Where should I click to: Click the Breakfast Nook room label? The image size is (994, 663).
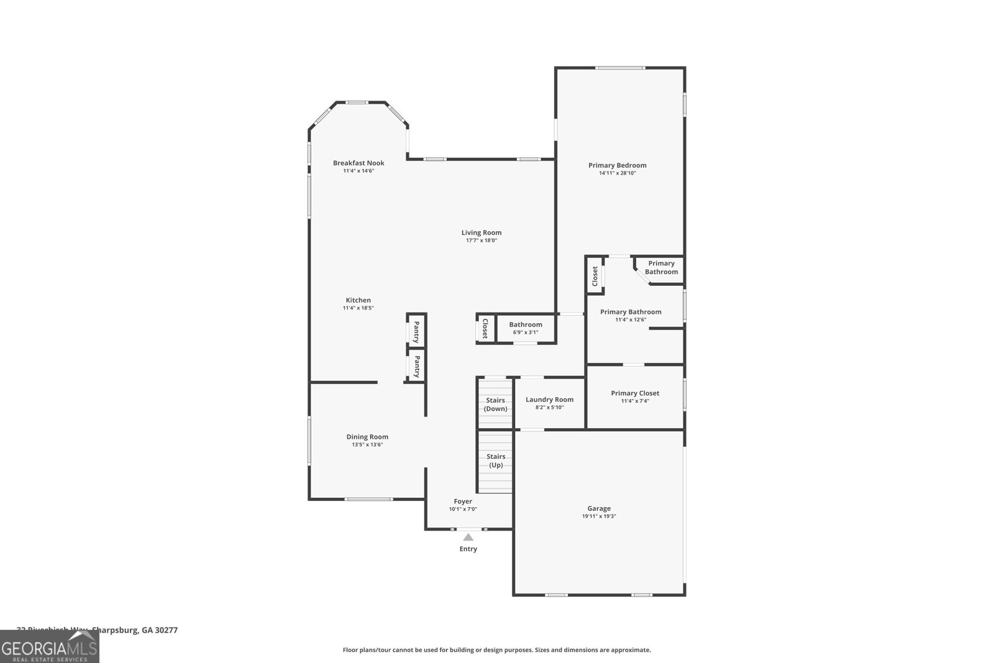pos(358,163)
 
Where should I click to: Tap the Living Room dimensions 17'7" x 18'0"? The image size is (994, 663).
pos(481,240)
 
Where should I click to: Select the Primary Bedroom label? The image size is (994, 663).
pos(618,165)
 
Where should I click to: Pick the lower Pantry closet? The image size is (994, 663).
pos(416,366)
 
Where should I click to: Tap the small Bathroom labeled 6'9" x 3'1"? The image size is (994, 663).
pos(526,328)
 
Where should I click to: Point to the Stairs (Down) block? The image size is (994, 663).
pos(495,405)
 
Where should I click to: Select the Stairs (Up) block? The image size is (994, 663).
pos(495,461)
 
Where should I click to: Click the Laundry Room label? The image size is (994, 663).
pos(549,400)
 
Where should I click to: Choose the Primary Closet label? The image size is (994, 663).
pos(635,393)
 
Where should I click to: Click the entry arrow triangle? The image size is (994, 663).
pos(468,537)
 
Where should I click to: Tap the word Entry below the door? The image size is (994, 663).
pos(468,549)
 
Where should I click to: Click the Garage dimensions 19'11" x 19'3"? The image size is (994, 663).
pos(599,516)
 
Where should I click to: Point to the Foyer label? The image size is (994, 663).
pos(463,501)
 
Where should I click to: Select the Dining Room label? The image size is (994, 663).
pos(367,437)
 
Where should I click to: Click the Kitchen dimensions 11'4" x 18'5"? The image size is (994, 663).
pos(358,308)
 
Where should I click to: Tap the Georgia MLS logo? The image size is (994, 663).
pos(49,646)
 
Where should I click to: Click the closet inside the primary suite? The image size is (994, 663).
pos(595,275)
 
